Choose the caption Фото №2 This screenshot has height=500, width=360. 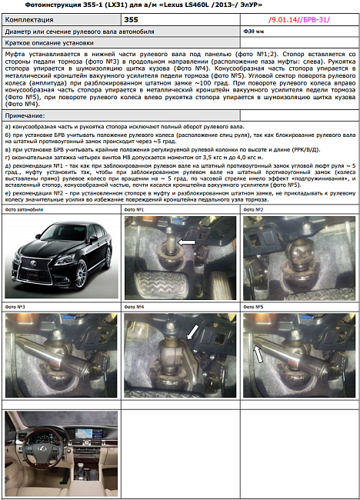click(x=254, y=209)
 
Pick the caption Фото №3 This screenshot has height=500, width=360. click(x=15, y=307)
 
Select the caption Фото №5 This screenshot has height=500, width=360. click(x=254, y=307)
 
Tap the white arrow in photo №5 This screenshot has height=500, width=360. click(x=259, y=354)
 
